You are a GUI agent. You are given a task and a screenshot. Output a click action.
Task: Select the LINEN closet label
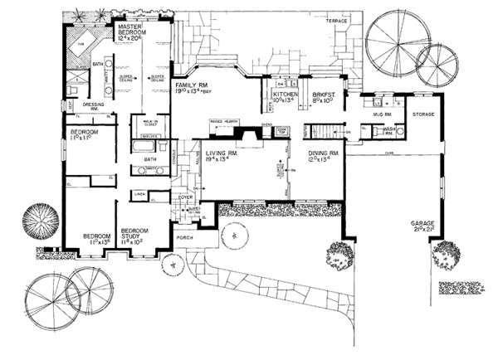click(x=139, y=194)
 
